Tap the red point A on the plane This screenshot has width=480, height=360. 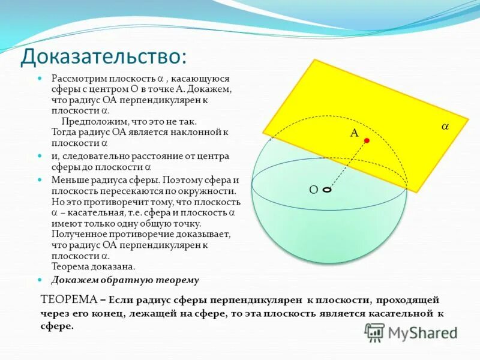click(367, 140)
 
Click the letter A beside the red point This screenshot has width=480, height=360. click(354, 133)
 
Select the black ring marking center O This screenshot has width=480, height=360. click(326, 190)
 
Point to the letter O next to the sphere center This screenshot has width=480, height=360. click(313, 190)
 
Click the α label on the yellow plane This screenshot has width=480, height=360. click(445, 127)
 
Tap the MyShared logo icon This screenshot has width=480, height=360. click(374, 332)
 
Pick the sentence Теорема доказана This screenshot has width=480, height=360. click(93, 266)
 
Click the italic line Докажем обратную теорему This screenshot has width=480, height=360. click(125, 280)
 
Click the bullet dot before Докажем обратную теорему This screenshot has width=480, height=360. click(40, 280)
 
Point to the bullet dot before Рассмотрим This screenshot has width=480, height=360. click(40, 79)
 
